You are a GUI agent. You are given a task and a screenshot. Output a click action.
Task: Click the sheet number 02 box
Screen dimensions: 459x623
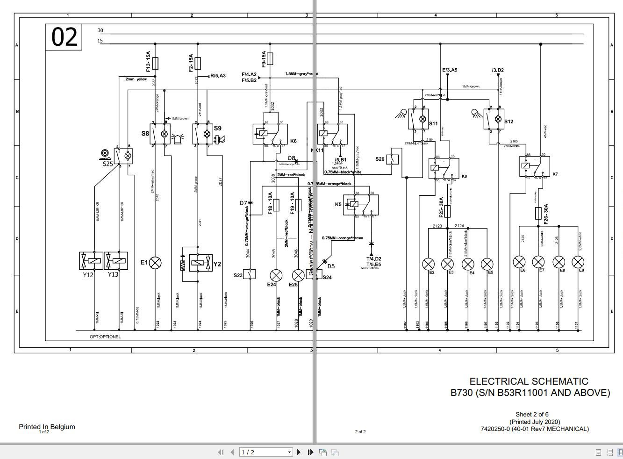(64, 37)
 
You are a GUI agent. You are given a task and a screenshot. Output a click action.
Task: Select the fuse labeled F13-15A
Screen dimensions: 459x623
(155, 63)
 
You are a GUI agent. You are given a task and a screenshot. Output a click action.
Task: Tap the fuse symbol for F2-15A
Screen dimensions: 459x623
(198, 63)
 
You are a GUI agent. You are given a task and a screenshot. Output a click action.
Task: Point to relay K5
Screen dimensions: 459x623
(360, 205)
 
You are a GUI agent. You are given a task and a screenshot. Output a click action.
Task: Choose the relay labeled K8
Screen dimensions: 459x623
(444, 168)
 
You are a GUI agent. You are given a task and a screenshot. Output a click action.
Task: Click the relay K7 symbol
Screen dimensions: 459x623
(534, 166)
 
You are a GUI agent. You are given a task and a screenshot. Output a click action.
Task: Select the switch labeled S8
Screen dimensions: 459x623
(160, 134)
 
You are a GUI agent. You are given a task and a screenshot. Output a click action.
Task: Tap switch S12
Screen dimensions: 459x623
(494, 120)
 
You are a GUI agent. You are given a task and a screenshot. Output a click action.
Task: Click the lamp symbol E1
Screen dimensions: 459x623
(155, 263)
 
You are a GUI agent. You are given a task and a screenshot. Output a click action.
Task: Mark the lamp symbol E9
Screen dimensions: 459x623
(578, 262)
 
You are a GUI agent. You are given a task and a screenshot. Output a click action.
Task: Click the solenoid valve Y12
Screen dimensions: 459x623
(91, 260)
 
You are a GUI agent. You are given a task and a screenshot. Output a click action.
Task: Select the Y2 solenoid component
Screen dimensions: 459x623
(197, 264)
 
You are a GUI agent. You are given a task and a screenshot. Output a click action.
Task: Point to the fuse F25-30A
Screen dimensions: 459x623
(447, 211)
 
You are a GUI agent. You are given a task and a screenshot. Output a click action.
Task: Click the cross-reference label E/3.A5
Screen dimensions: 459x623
(449, 70)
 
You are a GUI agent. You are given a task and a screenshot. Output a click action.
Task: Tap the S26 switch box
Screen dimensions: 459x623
(393, 159)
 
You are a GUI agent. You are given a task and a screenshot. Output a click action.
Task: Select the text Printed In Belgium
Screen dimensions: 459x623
(47, 426)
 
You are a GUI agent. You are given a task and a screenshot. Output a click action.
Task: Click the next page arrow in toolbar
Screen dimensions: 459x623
(299, 452)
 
